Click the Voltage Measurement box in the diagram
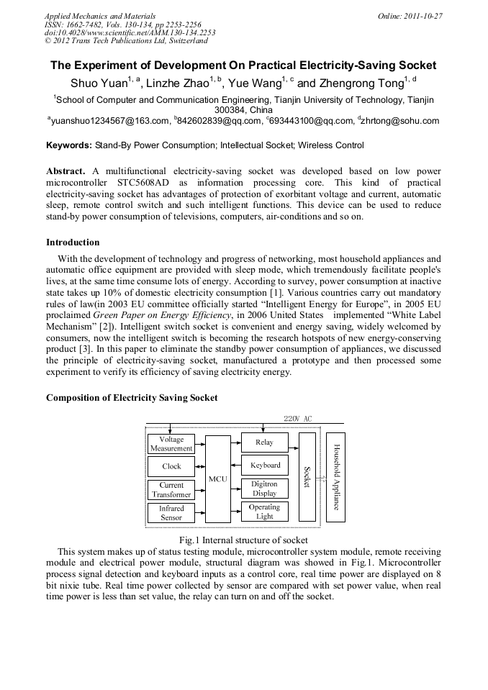pos(171,444)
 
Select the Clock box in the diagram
pos(171,466)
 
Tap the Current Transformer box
pos(171,490)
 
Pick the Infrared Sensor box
pos(171,513)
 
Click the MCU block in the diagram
pos(217,478)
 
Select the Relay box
pos(264,442)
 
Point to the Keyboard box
pos(264,466)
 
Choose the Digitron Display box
pos(264,489)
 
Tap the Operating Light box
pos(264,512)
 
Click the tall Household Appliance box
pos(335,477)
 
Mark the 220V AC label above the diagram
pos(297,419)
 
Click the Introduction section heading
pos(73,242)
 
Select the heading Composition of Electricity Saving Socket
pos(132,398)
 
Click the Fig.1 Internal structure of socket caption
pos(243,540)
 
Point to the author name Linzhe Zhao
pos(177,83)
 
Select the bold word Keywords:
pos(69,145)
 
